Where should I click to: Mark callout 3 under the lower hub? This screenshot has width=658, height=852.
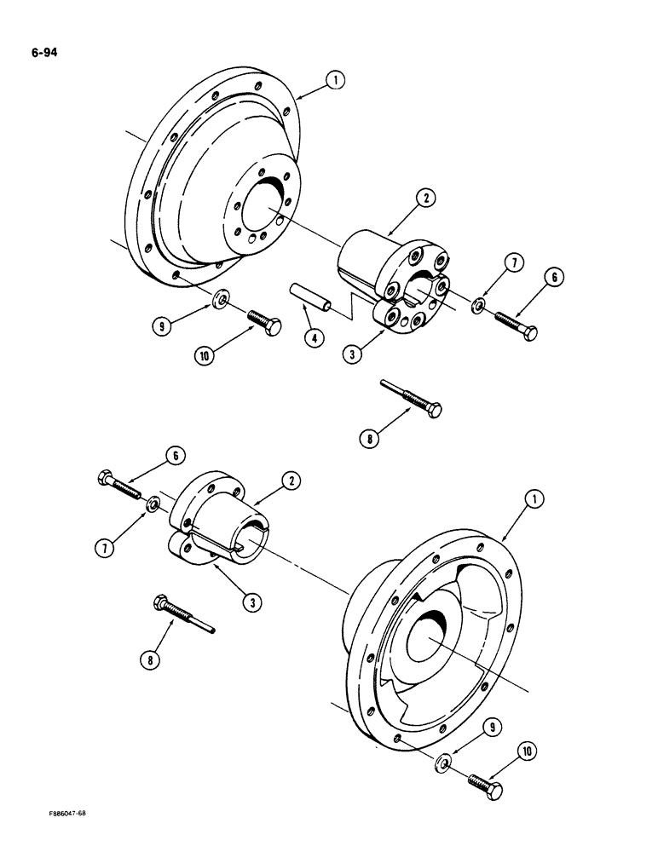(x=252, y=602)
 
